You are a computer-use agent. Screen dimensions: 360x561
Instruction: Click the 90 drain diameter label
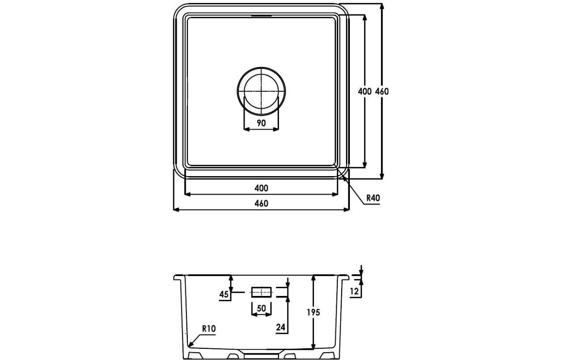coord(261,123)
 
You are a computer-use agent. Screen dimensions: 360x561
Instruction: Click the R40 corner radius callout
coord(372,198)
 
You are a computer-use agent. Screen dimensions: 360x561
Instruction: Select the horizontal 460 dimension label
coord(261,204)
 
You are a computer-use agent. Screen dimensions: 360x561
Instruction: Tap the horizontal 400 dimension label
coord(261,188)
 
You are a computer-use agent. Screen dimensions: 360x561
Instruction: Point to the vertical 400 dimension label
coord(364,91)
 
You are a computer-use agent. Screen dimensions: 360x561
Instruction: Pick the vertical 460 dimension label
coord(382,91)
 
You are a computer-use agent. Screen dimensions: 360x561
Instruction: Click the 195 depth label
coord(313,312)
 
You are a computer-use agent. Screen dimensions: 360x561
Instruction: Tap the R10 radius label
coord(208,328)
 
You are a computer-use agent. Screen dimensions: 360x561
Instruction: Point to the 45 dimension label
coord(224,294)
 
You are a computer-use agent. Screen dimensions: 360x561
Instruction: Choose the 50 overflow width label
coord(261,308)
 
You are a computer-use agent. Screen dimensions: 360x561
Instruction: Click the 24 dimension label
coord(280,327)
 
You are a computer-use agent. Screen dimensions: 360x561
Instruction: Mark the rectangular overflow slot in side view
coord(261,292)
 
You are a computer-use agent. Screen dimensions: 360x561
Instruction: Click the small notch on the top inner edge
coord(261,16)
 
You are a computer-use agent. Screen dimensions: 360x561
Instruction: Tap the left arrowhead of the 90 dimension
coord(246,130)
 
